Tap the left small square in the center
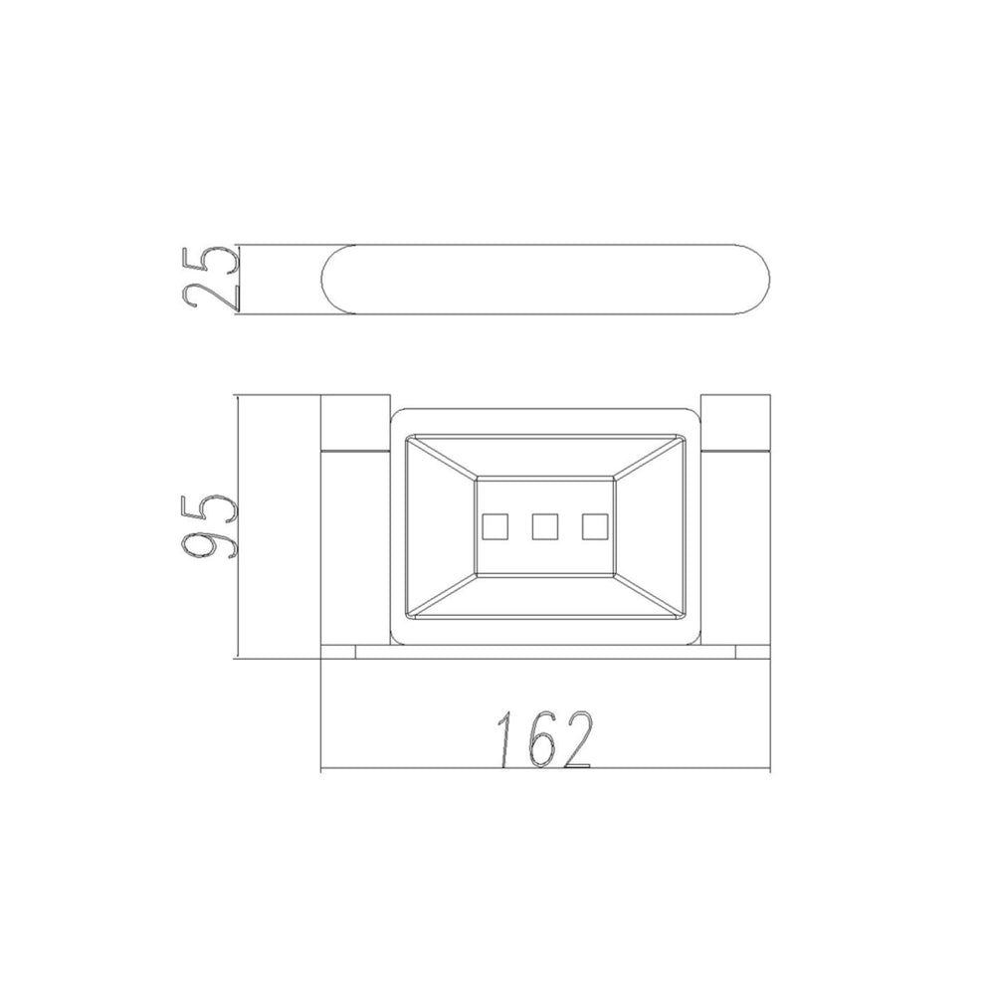(495, 526)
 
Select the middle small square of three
(545, 526)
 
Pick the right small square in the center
(595, 526)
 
